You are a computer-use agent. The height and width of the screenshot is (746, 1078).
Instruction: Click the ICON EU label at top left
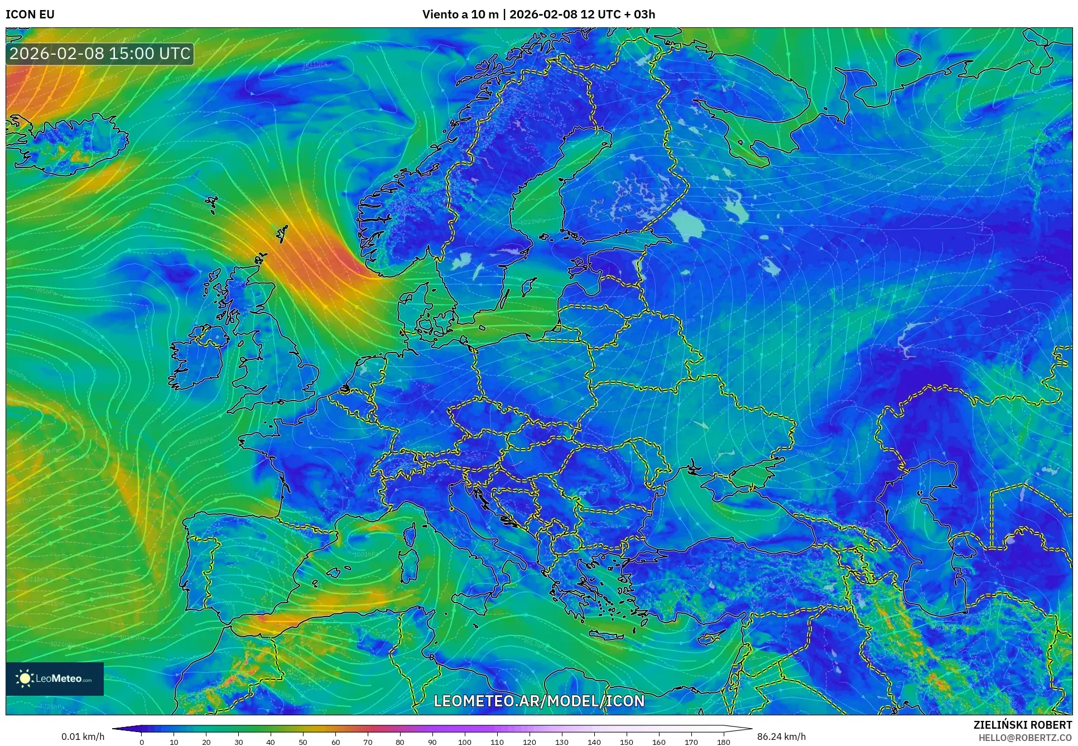point(30,15)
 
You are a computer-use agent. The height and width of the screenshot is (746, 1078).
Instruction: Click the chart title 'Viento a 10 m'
point(460,15)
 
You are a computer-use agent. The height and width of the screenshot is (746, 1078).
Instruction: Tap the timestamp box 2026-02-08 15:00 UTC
point(100,54)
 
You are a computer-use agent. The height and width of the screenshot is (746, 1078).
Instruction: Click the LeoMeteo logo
point(55,678)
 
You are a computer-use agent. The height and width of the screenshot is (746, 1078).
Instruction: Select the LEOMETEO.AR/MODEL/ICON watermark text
point(539,701)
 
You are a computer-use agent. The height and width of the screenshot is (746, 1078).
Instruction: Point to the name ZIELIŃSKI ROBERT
point(1022,725)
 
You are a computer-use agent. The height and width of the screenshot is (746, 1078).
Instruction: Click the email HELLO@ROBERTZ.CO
point(1025,737)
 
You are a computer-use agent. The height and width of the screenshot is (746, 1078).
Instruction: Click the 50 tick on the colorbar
point(303,742)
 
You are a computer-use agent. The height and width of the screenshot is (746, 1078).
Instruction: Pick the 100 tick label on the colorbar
point(465,742)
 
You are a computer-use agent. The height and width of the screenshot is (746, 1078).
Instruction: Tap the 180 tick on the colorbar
point(723,742)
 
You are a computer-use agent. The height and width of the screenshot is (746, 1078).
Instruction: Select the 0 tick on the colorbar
point(142,742)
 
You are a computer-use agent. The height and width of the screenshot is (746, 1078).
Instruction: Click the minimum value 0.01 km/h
point(83,737)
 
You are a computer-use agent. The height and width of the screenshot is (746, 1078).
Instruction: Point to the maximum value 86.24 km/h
point(781,737)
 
